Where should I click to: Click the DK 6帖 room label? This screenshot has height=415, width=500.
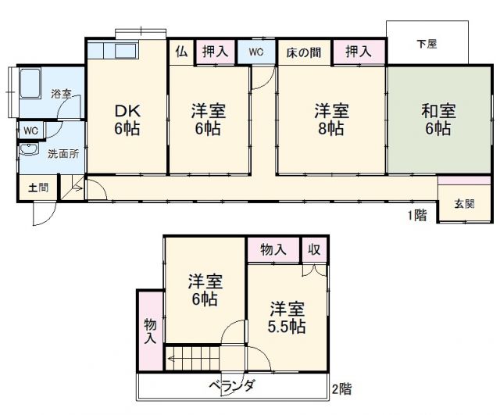click(x=127, y=119)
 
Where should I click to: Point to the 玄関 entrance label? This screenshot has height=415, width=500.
click(x=465, y=204)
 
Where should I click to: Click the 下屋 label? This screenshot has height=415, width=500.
click(x=427, y=45)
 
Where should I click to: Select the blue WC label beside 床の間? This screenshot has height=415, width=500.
click(x=256, y=52)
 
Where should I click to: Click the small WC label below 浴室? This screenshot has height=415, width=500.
click(x=30, y=130)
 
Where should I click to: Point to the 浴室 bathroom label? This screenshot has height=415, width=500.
click(x=62, y=94)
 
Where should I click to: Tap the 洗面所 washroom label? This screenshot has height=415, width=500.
click(x=62, y=153)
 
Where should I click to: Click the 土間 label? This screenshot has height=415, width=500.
click(x=37, y=188)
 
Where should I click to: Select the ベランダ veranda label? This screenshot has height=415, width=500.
click(x=234, y=386)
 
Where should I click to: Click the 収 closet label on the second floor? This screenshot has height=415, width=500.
click(x=314, y=249)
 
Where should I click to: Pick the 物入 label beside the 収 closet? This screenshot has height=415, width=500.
click(x=273, y=249)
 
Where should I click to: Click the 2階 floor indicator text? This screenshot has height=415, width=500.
click(x=341, y=388)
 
